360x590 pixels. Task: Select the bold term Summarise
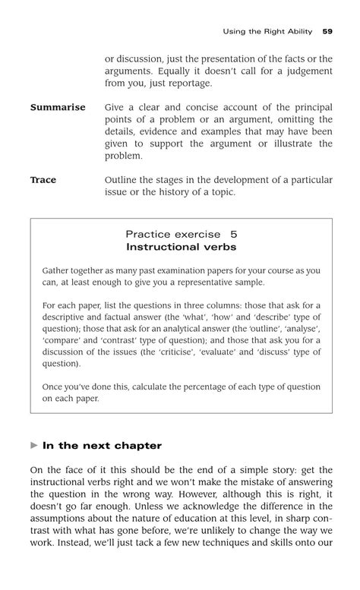click(58, 108)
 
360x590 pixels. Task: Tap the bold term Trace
click(43, 180)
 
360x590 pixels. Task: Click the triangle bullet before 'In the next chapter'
click(33, 446)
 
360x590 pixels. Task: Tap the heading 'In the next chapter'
click(102, 446)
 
